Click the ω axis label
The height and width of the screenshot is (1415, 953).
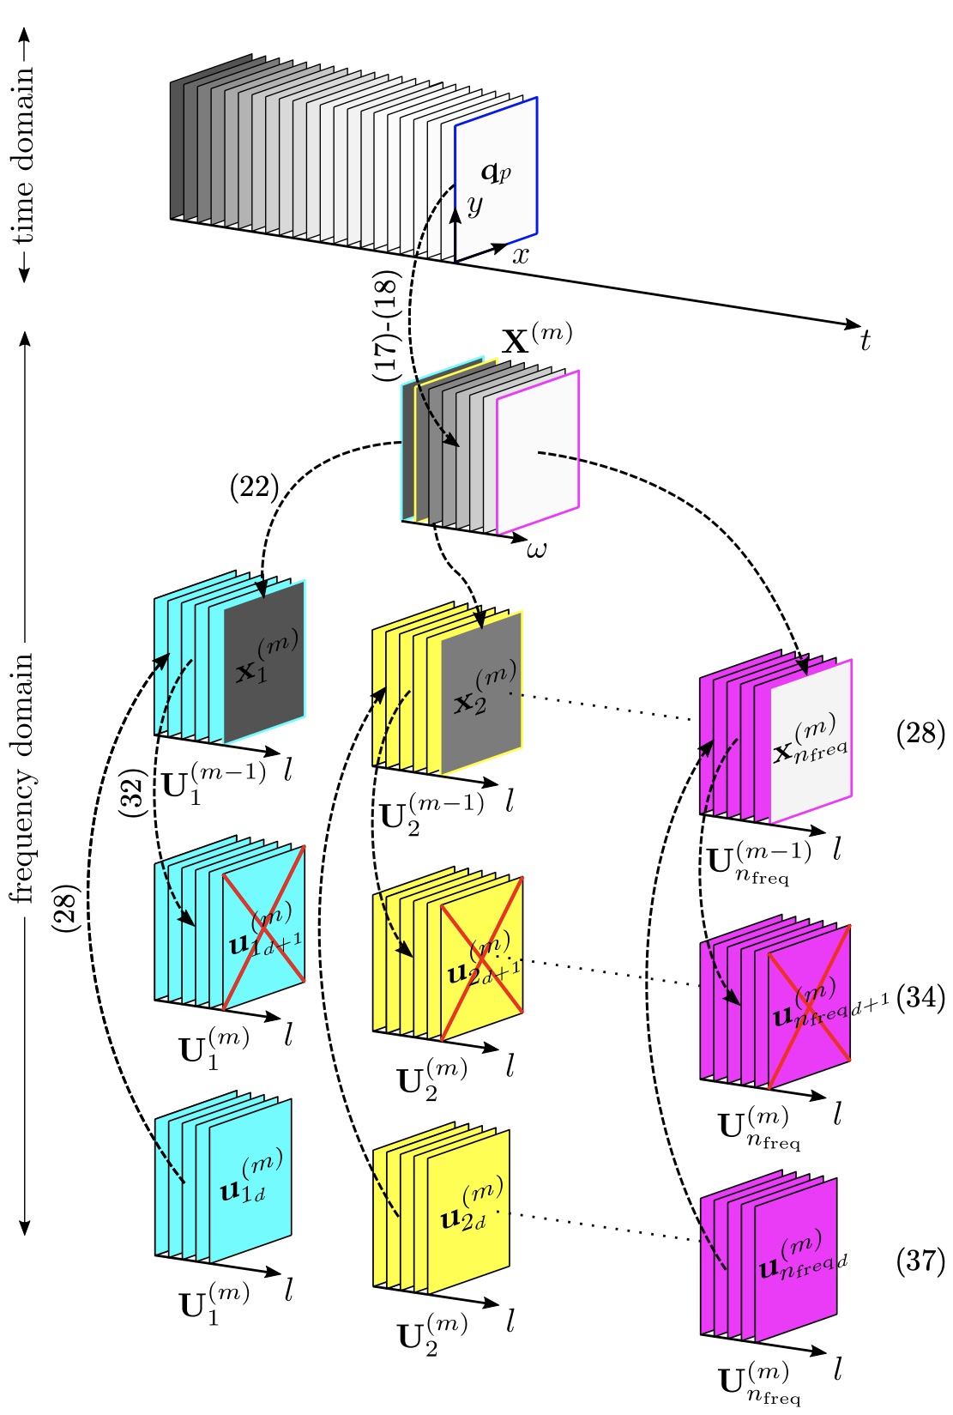536,549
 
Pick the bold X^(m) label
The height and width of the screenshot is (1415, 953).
536,339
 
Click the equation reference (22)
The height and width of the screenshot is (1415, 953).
255,487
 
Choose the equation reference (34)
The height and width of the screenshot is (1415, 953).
920,998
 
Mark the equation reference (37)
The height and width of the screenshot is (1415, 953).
920,1261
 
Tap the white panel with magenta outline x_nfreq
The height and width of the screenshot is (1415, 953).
811,741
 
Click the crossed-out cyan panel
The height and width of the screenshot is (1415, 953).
264,928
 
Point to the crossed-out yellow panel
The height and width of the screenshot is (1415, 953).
482,958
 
